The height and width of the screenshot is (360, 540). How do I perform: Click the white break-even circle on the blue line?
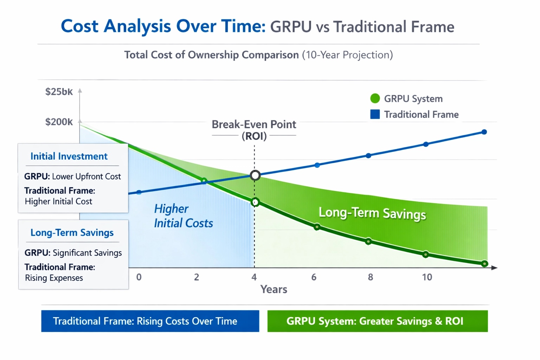click(255, 175)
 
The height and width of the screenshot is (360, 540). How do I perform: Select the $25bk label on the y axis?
click(59, 92)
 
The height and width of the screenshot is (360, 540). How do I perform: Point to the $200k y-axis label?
click(59, 122)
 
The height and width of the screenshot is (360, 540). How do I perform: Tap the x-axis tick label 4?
click(254, 277)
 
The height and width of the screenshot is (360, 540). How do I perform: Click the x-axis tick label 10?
click(427, 277)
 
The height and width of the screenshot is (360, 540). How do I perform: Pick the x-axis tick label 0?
click(139, 277)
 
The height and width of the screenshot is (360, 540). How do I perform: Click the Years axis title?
click(274, 289)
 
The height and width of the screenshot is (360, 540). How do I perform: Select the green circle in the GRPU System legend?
click(375, 98)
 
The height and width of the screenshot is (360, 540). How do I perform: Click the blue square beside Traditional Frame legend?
click(375, 114)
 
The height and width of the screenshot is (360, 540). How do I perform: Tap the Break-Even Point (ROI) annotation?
click(254, 130)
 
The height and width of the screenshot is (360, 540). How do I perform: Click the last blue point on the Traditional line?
click(484, 132)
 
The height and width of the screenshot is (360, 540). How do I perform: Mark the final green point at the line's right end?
click(484, 264)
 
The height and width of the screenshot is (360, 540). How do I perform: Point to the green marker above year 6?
click(317, 227)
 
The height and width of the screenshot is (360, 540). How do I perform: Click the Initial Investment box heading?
click(69, 156)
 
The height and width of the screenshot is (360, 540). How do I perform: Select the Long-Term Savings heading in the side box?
click(72, 233)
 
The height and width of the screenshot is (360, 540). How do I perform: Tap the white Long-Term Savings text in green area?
click(372, 213)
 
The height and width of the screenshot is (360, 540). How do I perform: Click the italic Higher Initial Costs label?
click(183, 216)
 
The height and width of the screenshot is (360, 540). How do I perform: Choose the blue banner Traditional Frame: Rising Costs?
click(150, 321)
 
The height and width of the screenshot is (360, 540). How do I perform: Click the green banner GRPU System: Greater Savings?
click(377, 321)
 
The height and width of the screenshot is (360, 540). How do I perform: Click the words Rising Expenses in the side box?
click(54, 278)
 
